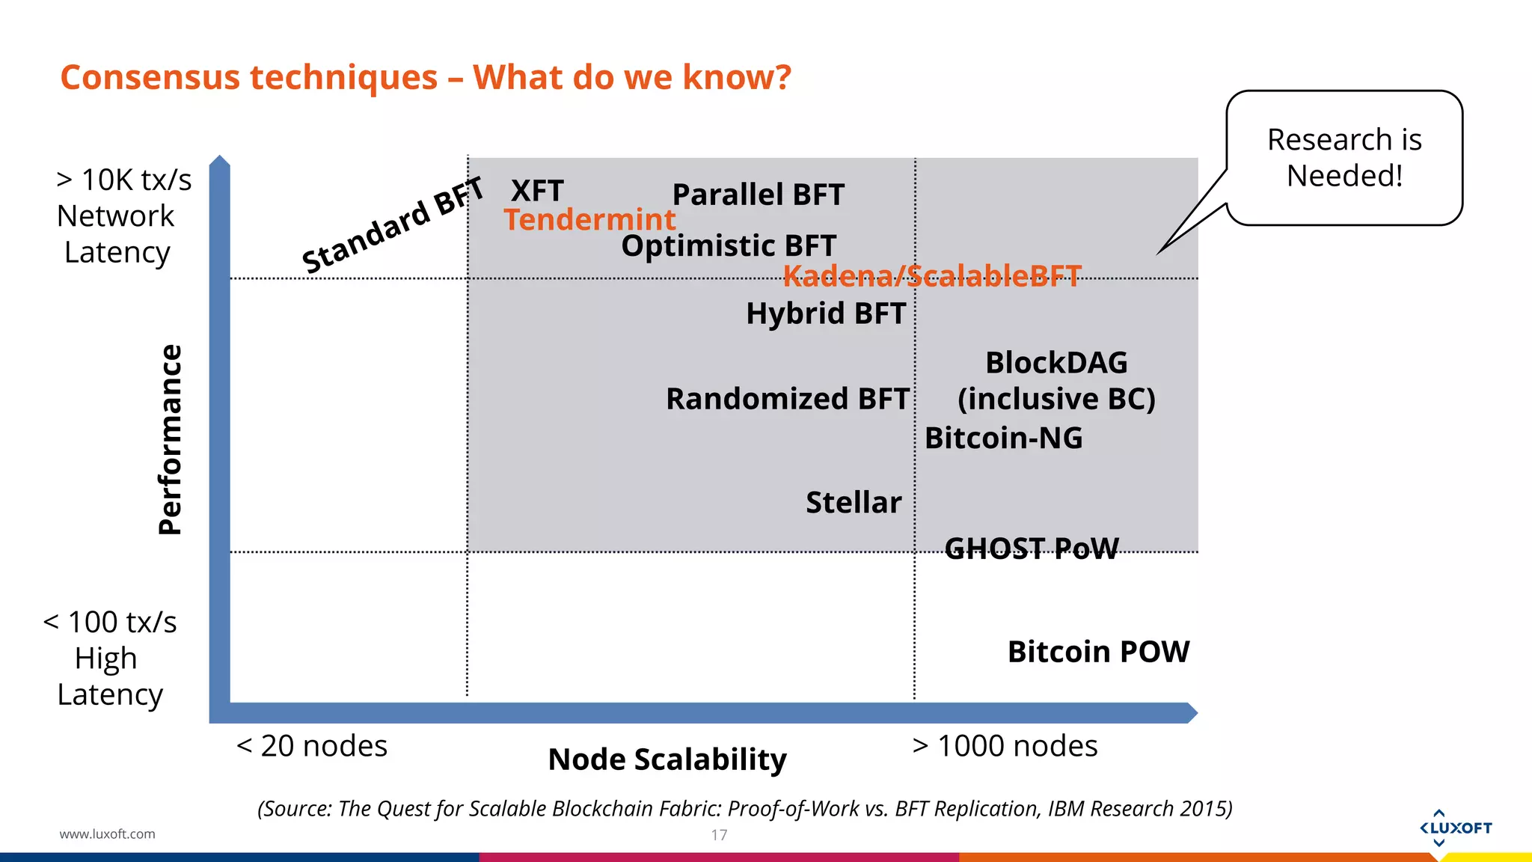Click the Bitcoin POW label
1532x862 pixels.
pyautogui.click(x=1097, y=652)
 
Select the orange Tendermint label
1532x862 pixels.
pyautogui.click(x=589, y=220)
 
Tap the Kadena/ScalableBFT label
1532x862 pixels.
pyautogui.click(x=931, y=276)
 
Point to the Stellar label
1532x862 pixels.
pyautogui.click(x=854, y=502)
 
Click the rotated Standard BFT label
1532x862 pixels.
pyautogui.click(x=392, y=225)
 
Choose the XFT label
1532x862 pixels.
pyautogui.click(x=536, y=191)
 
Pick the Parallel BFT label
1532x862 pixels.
pyautogui.click(x=758, y=195)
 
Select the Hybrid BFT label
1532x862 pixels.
pyautogui.click(x=826, y=313)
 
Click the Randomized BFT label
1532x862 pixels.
pyautogui.click(x=787, y=399)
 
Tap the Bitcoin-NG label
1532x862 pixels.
pyautogui.click(x=1003, y=438)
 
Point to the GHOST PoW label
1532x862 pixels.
pyautogui.click(x=1031, y=548)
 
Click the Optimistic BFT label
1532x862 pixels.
pyautogui.click(x=728, y=246)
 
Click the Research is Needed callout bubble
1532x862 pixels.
pyautogui.click(x=1343, y=158)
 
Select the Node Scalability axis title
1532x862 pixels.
pyautogui.click(x=667, y=759)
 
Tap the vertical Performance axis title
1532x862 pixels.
pyautogui.click(x=171, y=439)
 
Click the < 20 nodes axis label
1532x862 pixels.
pyautogui.click(x=312, y=746)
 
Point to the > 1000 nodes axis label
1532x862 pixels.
pyautogui.click(x=1005, y=746)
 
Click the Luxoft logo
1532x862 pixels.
pyautogui.click(x=1455, y=828)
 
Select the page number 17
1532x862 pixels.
pyautogui.click(x=719, y=835)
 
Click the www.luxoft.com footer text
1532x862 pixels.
pyautogui.click(x=107, y=834)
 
